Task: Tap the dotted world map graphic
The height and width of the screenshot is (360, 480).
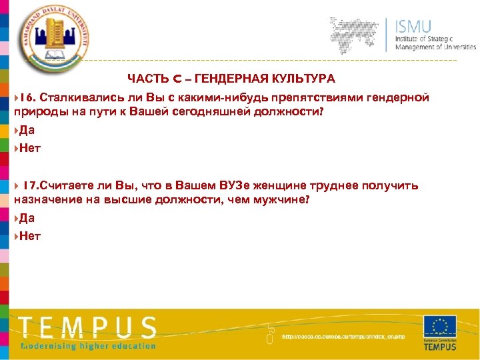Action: [359, 33]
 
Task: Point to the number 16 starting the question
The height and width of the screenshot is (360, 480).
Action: [27, 98]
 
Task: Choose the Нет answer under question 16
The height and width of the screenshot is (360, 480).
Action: [30, 148]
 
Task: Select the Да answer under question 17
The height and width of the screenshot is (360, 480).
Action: [27, 217]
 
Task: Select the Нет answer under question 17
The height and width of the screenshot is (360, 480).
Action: [30, 235]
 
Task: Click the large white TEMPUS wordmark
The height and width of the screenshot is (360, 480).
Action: [87, 327]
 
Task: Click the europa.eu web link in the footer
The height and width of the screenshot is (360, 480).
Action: [343, 337]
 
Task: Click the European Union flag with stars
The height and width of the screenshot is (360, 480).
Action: [440, 327]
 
